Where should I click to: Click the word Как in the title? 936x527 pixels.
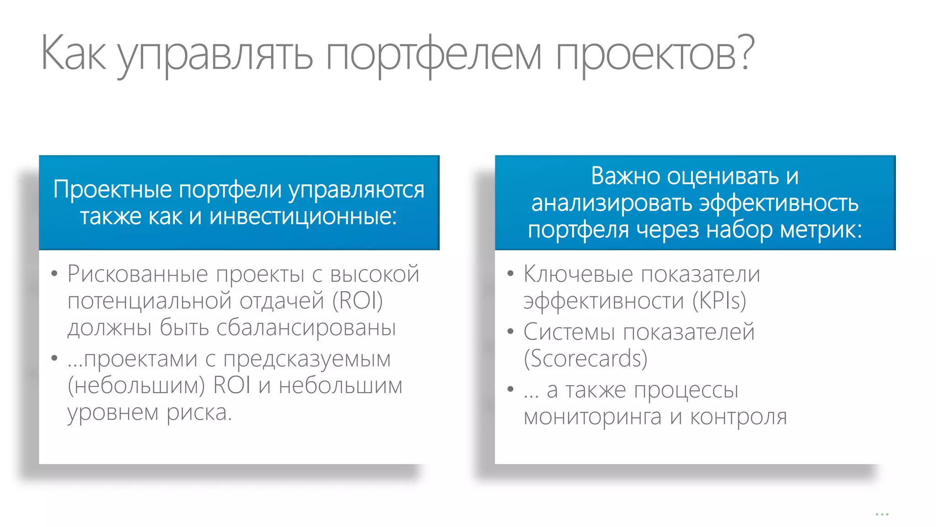[x=73, y=54]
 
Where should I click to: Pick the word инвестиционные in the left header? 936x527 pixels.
[x=303, y=216]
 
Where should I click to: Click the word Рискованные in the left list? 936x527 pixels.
[x=138, y=274]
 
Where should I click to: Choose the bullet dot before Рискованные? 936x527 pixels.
[x=54, y=274]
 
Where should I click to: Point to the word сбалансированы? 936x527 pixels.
[x=306, y=328]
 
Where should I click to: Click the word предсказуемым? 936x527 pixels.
[x=307, y=360]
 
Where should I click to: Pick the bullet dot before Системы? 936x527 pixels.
[x=511, y=332]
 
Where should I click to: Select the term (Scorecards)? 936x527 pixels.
[x=585, y=358]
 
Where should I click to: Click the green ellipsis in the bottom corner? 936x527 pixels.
[x=882, y=515]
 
